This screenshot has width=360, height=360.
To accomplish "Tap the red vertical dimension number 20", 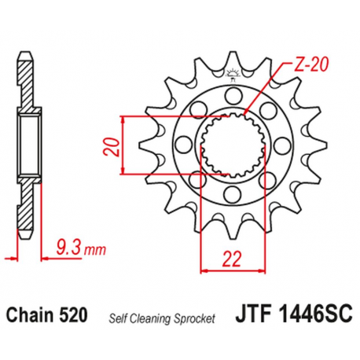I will (112, 148).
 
